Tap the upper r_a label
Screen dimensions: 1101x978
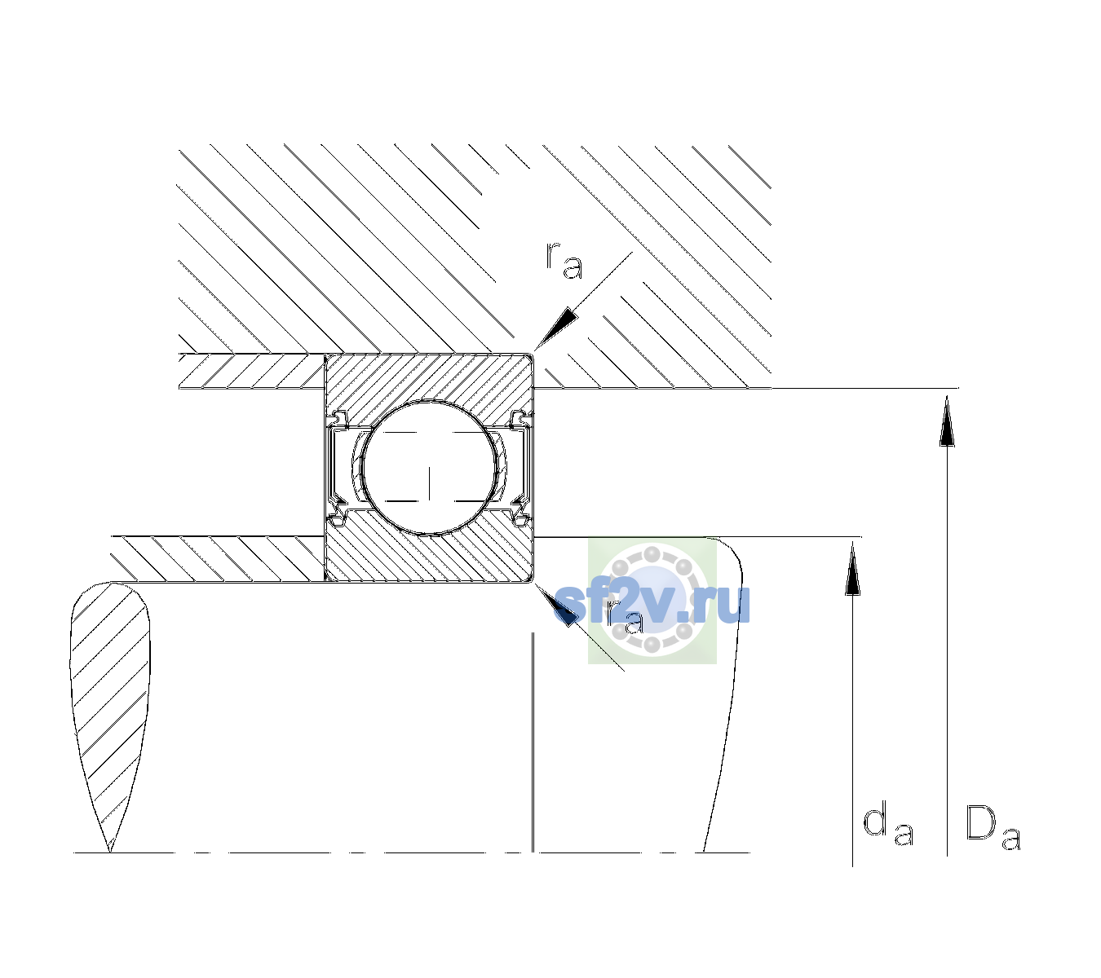(x=564, y=261)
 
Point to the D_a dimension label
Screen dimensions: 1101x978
(x=993, y=827)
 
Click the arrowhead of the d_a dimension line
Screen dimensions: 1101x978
(x=852, y=568)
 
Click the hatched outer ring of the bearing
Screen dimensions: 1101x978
(x=429, y=380)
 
